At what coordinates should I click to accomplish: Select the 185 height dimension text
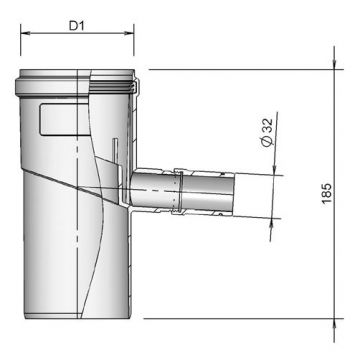tap(347, 193)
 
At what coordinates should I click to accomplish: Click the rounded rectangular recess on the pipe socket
tap(56, 120)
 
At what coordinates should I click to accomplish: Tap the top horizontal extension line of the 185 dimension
tap(240, 69)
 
